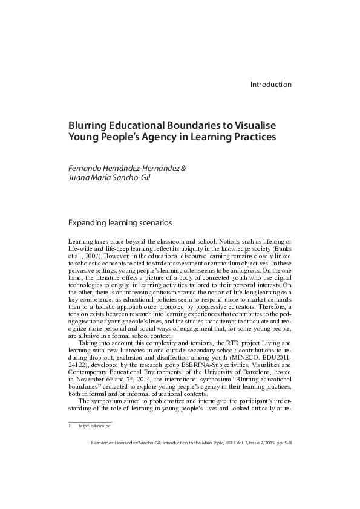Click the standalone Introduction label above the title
(x=270, y=85)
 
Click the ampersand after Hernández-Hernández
(x=183, y=167)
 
